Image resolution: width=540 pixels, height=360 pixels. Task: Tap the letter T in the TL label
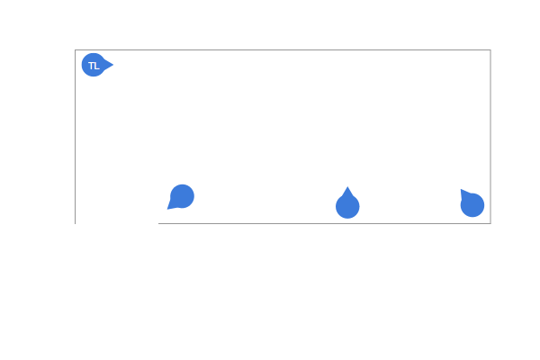[91, 66]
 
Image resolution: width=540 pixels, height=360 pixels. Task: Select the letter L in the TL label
[96, 66]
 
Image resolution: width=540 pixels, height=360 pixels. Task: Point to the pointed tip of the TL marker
[113, 65]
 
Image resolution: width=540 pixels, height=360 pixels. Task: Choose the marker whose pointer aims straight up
[347, 202]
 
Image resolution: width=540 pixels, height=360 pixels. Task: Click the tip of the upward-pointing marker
[347, 186]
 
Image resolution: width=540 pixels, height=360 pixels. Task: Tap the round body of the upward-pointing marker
[347, 207]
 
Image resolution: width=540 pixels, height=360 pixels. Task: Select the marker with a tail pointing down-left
[181, 197]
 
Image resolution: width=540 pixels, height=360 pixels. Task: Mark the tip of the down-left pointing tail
[167, 209]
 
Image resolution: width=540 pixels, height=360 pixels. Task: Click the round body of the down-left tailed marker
[182, 196]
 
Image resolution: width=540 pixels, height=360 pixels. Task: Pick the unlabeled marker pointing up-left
[472, 203]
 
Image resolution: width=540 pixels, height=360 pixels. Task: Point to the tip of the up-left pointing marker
[461, 189]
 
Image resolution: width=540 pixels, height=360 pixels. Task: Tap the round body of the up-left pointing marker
[472, 205]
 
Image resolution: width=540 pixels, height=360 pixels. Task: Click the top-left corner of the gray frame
[75, 50]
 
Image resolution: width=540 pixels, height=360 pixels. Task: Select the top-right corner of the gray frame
[490, 50]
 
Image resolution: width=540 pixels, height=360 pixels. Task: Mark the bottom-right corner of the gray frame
[490, 223]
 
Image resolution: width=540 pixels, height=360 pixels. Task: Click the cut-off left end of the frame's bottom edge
[158, 223]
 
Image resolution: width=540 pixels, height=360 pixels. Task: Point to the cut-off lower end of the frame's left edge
[75, 224]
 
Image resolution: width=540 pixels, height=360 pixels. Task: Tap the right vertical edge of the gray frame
[490, 137]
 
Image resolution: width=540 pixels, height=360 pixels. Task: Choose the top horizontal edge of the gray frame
[283, 50]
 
